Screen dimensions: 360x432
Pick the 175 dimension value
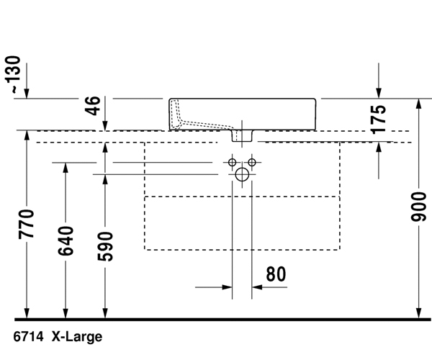(x=379, y=118)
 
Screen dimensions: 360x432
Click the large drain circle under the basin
(x=242, y=174)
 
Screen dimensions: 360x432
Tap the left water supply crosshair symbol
(x=233, y=161)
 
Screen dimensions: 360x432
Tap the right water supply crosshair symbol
(x=252, y=161)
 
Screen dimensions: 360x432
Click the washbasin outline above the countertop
(x=288, y=114)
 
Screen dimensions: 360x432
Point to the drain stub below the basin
(x=242, y=135)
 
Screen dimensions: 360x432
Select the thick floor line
(x=216, y=318)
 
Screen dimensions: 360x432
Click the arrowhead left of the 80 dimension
(x=228, y=288)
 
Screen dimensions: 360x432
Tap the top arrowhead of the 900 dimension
(x=420, y=103)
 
